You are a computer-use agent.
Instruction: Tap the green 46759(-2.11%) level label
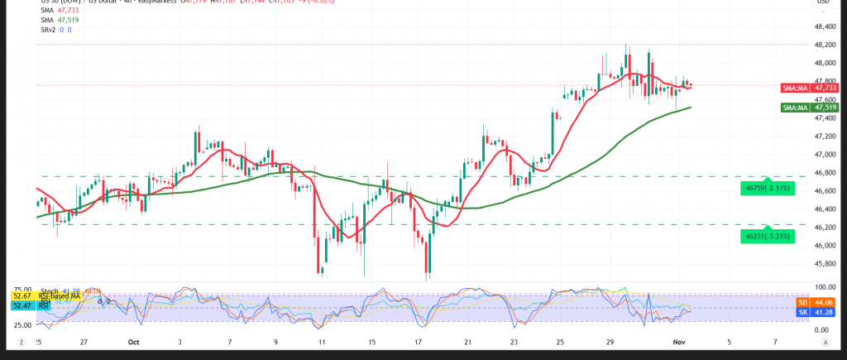click(768, 190)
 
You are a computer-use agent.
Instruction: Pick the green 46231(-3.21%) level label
click(768, 237)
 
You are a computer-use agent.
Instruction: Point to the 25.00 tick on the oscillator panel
click(22, 325)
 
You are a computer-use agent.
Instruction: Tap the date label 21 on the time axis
click(468, 342)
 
